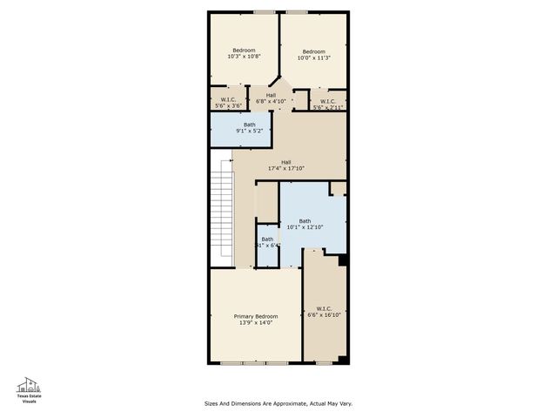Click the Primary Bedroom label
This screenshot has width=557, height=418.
[256, 316]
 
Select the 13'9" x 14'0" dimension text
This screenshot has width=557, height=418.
[256, 323]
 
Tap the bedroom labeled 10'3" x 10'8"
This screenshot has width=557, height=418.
[244, 53]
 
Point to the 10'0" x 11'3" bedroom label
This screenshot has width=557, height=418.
[312, 55]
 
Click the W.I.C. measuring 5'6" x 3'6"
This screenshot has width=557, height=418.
[228, 102]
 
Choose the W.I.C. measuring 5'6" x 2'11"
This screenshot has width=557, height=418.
[328, 103]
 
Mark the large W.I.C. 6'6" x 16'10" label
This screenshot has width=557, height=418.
[324, 312]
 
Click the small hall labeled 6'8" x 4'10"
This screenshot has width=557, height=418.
[271, 98]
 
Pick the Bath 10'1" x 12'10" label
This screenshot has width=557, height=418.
[305, 225]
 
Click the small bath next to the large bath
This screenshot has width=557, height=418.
[267, 243]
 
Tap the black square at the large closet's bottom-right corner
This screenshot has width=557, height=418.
[343, 360]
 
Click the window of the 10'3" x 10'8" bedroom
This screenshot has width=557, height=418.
[264, 12]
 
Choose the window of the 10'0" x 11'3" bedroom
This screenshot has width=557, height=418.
[297, 12]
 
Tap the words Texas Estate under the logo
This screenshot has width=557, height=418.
[30, 396]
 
